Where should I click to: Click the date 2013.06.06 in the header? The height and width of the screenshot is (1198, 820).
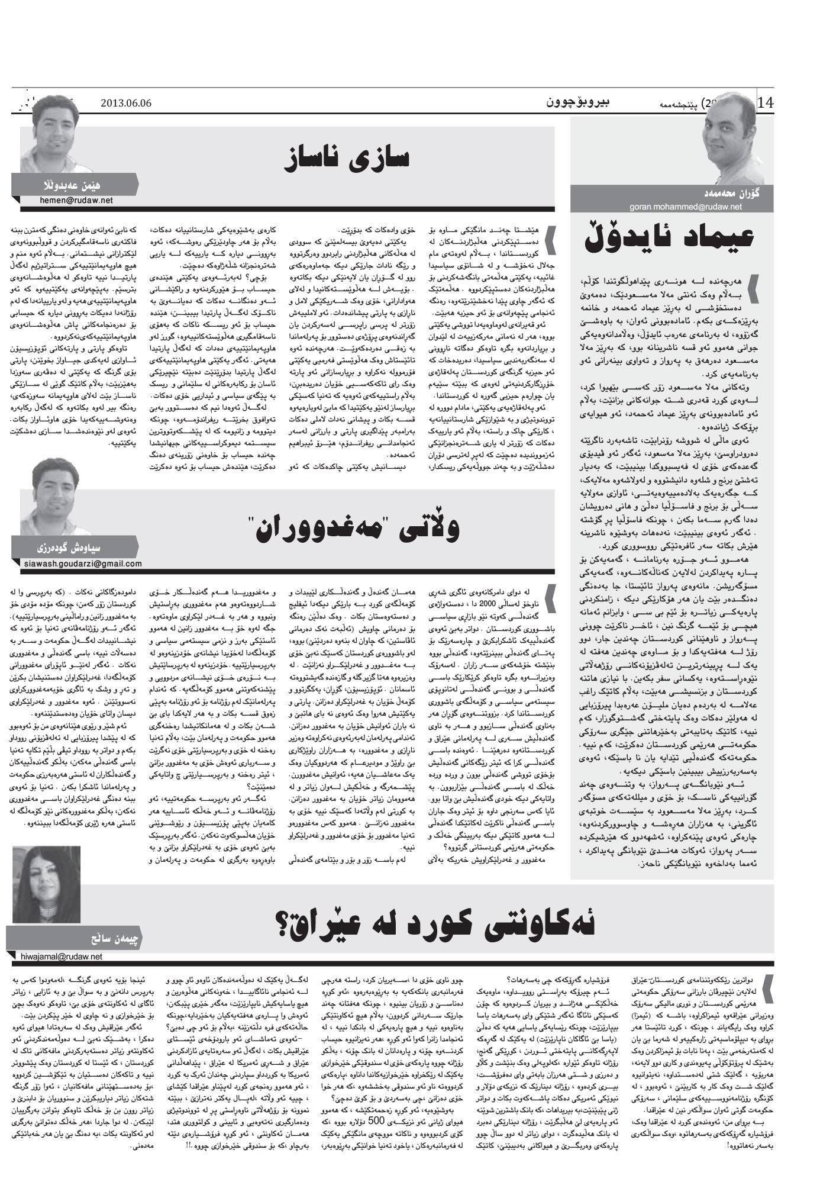pyautogui.click(x=126, y=102)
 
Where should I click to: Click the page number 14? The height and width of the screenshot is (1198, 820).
pyautogui.click(x=765, y=102)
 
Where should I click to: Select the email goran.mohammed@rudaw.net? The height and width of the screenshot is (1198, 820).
pyautogui.click(x=656, y=207)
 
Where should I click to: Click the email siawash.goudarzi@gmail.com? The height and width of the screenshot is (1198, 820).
pyautogui.click(x=83, y=563)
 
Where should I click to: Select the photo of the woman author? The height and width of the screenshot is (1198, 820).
pyautogui.click(x=47, y=883)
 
